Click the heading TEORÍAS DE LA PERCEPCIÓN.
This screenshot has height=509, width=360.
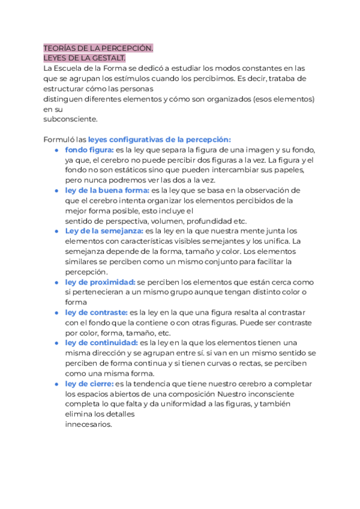pyautogui.click(x=98, y=48)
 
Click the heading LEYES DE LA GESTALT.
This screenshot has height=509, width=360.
pyautogui.click(x=84, y=58)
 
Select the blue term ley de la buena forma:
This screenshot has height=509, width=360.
pyautogui.click(x=107, y=190)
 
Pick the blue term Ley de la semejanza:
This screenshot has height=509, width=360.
pyautogui.click(x=104, y=230)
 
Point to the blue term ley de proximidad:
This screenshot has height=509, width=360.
pyautogui.click(x=100, y=282)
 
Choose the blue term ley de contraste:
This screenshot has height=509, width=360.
pyautogui.click(x=96, y=312)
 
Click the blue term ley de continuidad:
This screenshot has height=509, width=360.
pyautogui.click(x=101, y=343)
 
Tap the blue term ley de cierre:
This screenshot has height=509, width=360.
pyautogui.click(x=89, y=384)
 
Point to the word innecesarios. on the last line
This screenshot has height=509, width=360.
pyautogui.click(x=88, y=424)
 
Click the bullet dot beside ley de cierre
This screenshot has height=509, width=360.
pyautogui.click(x=56, y=384)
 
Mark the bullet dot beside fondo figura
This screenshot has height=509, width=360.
pyautogui.click(x=56, y=149)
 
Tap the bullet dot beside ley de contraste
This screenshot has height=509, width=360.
pyautogui.click(x=56, y=312)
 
